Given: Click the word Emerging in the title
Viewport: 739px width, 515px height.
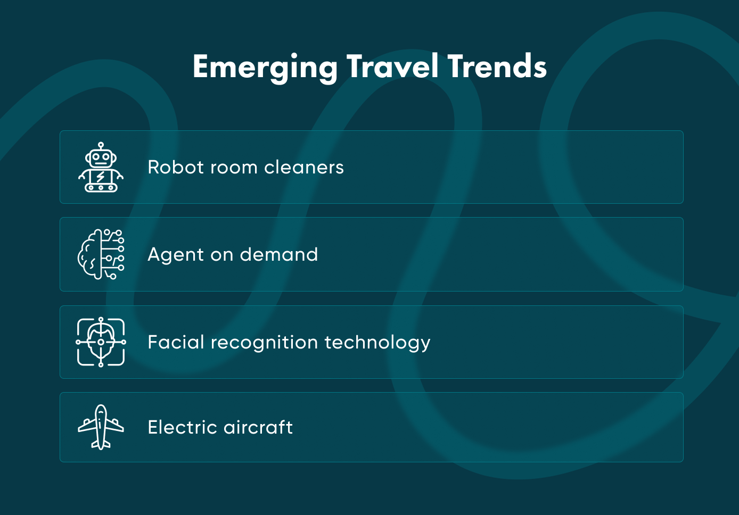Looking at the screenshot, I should pyautogui.click(x=265, y=67).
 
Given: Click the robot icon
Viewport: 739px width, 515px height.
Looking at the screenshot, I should pyautogui.click(x=101, y=167).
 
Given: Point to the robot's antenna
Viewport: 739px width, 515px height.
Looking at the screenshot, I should pyautogui.click(x=101, y=145).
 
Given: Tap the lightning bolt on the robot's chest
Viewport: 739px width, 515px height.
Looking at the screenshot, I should pyautogui.click(x=101, y=177).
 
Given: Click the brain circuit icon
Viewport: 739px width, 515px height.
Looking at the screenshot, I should pyautogui.click(x=101, y=254).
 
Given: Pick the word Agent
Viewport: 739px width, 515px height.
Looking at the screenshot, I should pyautogui.click(x=175, y=255).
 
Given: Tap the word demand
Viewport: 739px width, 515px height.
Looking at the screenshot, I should pyautogui.click(x=278, y=255).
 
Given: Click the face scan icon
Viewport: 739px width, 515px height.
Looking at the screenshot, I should pyautogui.click(x=101, y=342).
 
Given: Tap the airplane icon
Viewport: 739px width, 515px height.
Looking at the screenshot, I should pyautogui.click(x=101, y=427).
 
